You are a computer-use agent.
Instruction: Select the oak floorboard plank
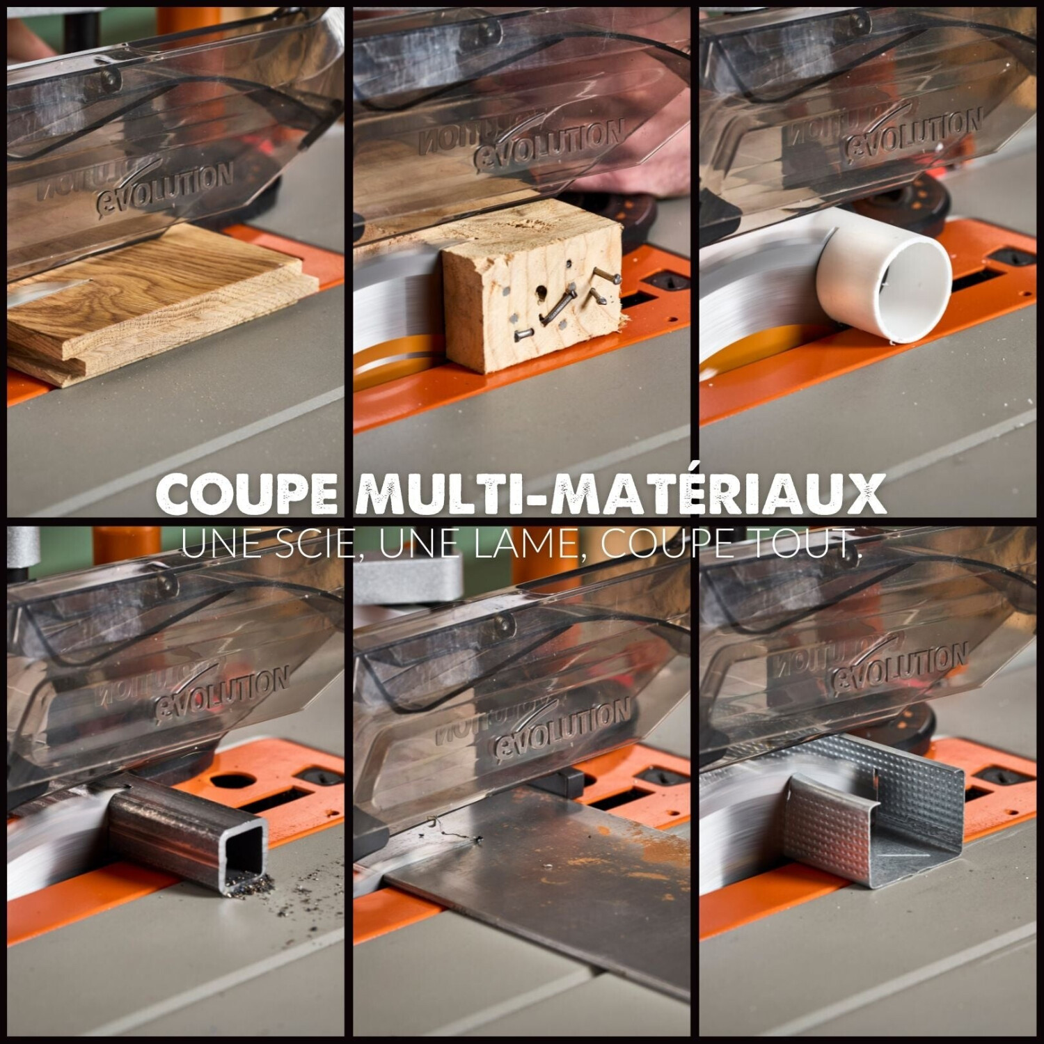tap(160, 306)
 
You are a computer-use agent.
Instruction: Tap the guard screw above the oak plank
tap(110, 78)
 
